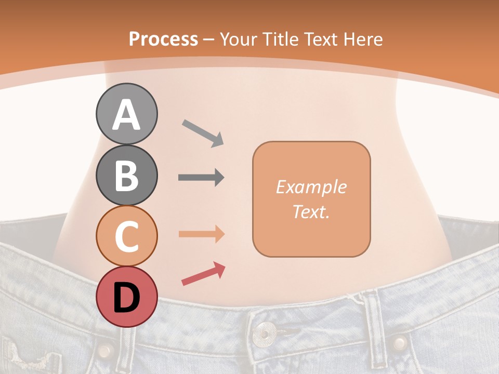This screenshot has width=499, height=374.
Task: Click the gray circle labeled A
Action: point(127,114)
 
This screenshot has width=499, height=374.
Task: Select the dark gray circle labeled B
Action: point(127,176)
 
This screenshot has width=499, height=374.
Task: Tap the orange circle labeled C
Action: point(127,236)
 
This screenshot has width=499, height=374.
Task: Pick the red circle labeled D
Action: point(127,297)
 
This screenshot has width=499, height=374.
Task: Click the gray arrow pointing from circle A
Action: point(203,132)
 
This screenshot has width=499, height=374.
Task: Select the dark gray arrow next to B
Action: point(201,178)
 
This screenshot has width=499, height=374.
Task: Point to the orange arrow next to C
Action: point(201,234)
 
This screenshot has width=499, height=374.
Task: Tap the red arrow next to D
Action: point(203,274)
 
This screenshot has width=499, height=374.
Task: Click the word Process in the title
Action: point(163,39)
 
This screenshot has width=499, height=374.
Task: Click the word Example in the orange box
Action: point(311,187)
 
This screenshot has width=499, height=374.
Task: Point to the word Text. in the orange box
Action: point(311,211)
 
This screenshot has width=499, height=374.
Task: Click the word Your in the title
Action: point(239,39)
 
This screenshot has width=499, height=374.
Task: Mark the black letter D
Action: point(127,297)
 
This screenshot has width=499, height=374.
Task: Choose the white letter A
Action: point(127,115)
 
